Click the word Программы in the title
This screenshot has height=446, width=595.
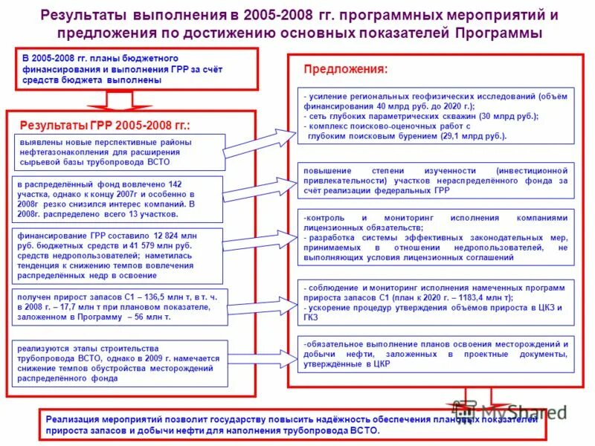click(498, 33)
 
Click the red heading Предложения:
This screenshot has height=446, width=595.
click(345, 68)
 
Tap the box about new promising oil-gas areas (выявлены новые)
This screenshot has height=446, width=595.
click(118, 152)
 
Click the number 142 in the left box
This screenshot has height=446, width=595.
click(175, 183)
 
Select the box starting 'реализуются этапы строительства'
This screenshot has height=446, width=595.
click(118, 363)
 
